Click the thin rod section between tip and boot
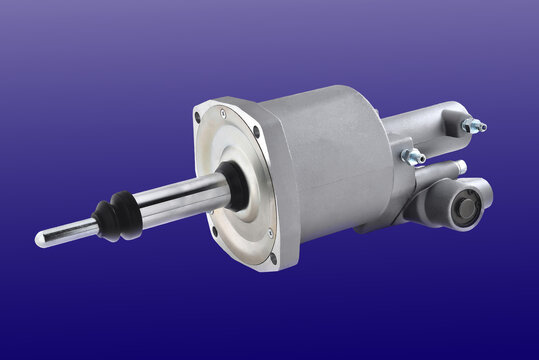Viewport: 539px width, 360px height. [x=70, y=231]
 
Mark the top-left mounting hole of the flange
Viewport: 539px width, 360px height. [x=198, y=117]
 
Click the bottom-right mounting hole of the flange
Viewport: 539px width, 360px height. [x=273, y=257]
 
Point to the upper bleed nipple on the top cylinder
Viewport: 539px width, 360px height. [x=473, y=125]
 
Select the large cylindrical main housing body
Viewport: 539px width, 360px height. [x=330, y=160]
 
